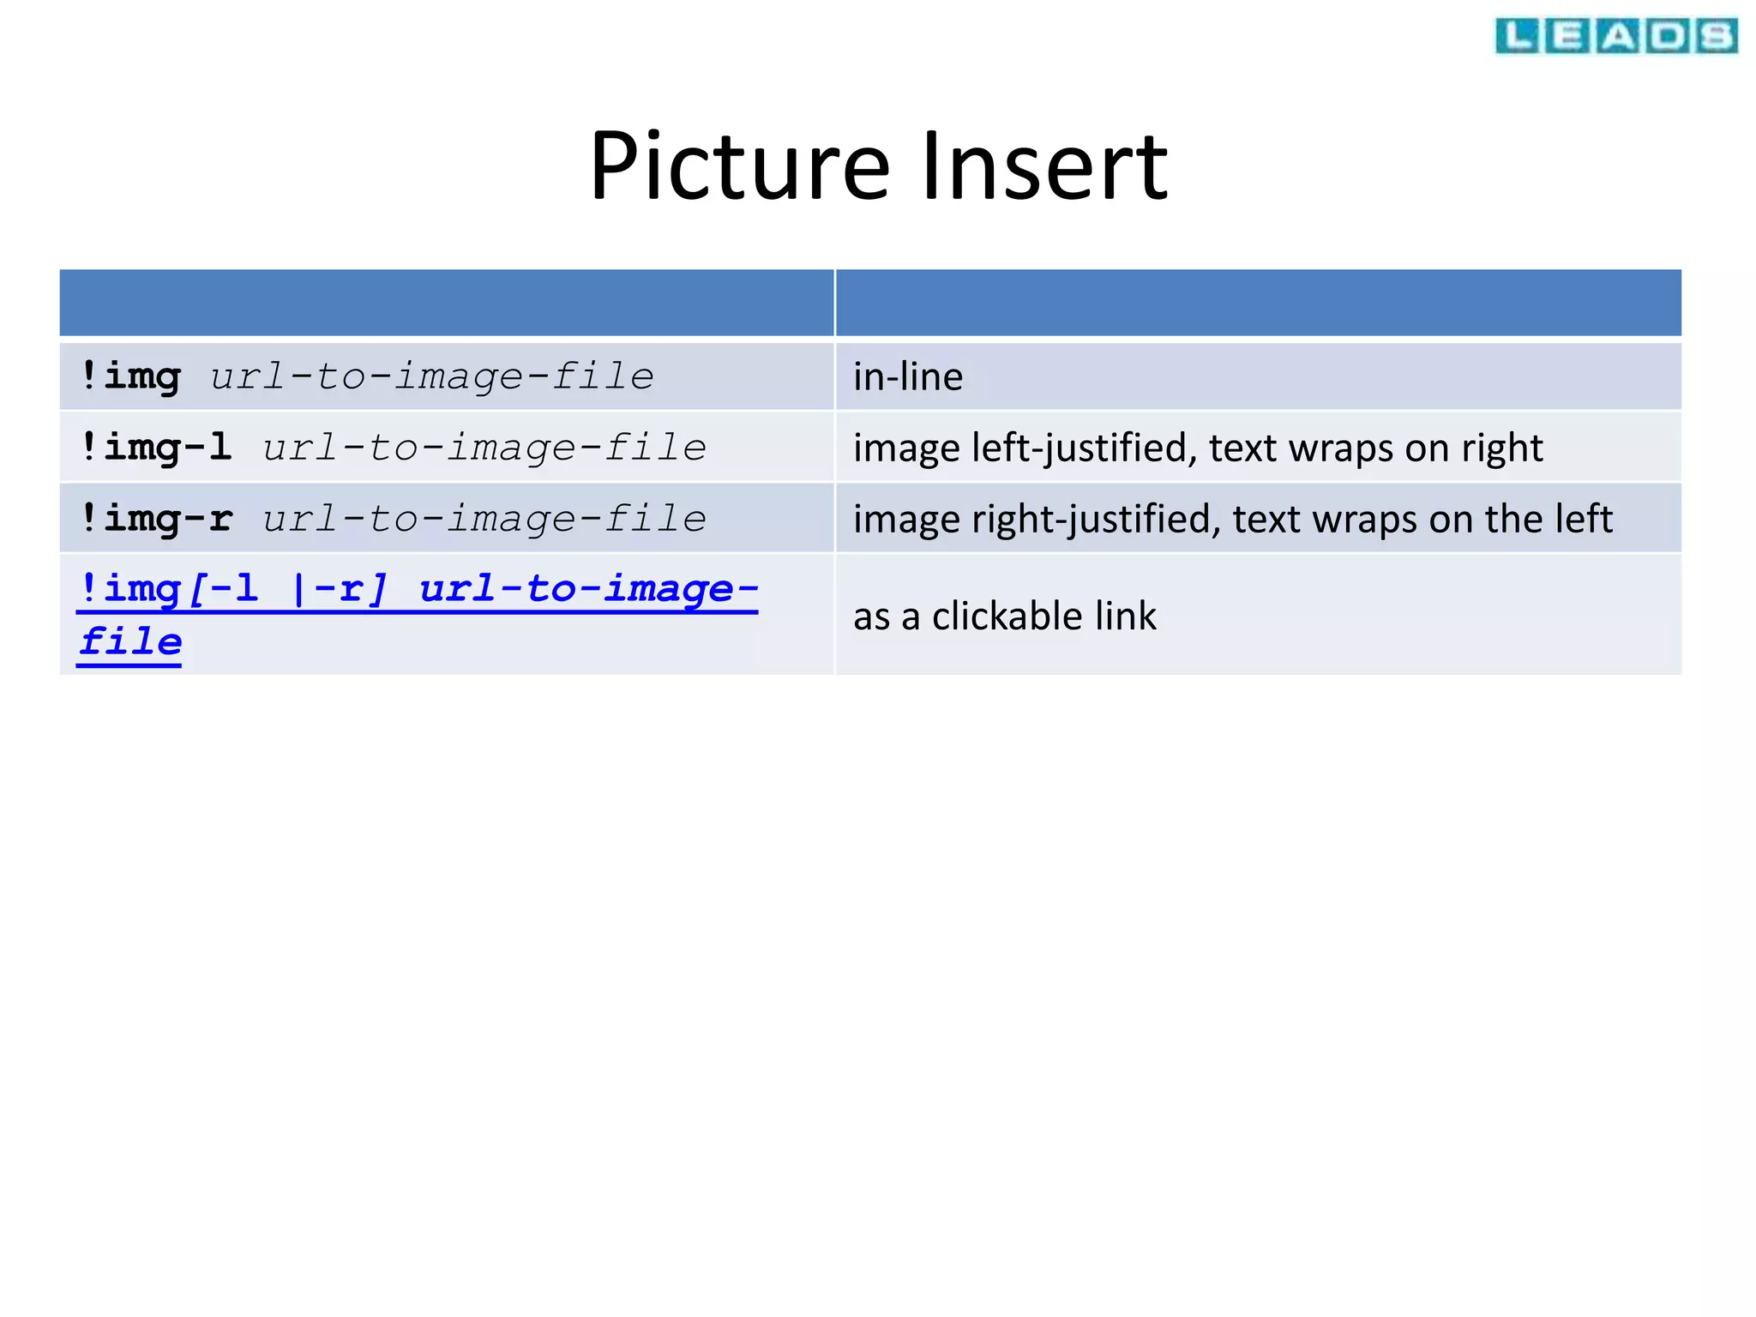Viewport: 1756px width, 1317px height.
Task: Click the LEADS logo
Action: click(1615, 36)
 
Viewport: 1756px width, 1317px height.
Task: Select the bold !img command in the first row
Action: click(130, 377)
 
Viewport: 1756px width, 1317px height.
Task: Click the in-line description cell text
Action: click(907, 377)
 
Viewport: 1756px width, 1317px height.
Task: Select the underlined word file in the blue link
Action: click(130, 642)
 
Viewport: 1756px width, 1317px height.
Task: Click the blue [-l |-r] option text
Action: click(287, 590)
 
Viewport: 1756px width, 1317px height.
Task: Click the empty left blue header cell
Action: click(446, 303)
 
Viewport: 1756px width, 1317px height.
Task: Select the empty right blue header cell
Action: click(1258, 303)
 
